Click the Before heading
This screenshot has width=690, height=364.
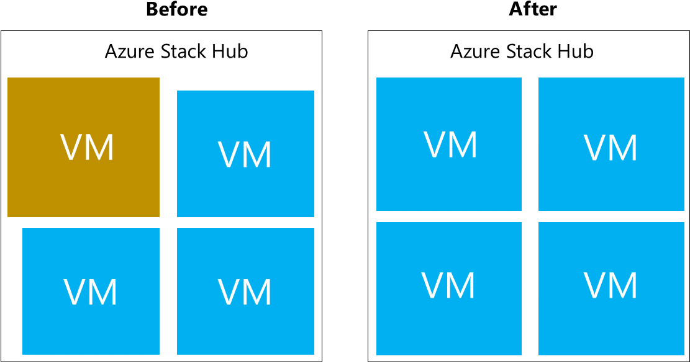(x=176, y=9)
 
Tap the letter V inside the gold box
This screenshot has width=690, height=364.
(x=72, y=148)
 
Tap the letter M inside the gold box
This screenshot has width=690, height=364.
(x=99, y=148)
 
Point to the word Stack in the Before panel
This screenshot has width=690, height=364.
(x=184, y=51)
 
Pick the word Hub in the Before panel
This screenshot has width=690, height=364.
(x=232, y=51)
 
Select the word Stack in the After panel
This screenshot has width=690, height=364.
(x=530, y=51)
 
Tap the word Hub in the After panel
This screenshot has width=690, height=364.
(x=578, y=51)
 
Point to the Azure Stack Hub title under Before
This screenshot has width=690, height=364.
(x=176, y=51)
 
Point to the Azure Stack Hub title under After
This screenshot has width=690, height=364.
(x=522, y=51)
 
